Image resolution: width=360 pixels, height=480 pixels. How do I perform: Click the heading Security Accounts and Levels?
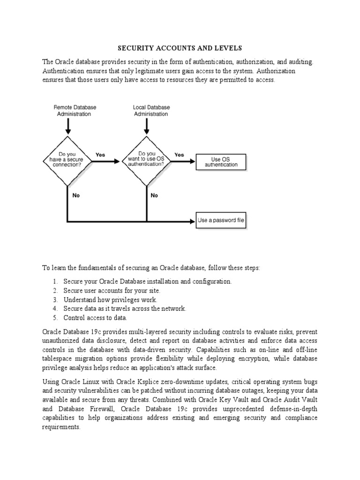pos(180,48)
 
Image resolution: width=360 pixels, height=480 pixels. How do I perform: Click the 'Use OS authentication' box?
pos(220,162)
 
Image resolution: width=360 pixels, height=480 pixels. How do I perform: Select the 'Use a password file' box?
pos(221,220)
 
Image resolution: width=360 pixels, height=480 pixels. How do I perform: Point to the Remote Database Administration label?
pos(74,111)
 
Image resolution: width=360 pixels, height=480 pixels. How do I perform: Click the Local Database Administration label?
pos(151,111)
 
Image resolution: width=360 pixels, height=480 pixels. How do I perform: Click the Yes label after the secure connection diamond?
pos(100,154)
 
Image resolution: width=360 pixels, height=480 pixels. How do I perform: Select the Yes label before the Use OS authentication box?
pos(179,154)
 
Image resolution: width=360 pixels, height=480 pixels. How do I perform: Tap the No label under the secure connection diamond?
pos(76,196)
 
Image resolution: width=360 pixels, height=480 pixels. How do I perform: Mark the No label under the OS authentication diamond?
pos(154,196)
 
